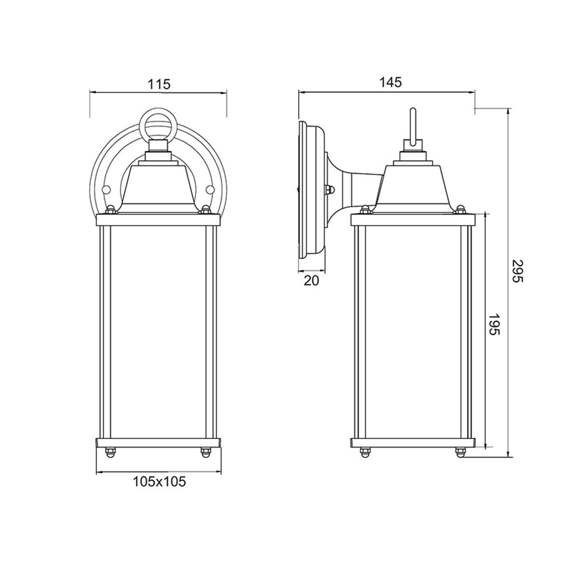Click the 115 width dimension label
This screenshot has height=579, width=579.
point(159,84)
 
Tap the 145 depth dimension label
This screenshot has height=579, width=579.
point(390,82)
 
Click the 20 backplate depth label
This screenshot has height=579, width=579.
point(311,280)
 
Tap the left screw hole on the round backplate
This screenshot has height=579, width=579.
point(106,190)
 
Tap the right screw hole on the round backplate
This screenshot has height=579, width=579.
point(210,189)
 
